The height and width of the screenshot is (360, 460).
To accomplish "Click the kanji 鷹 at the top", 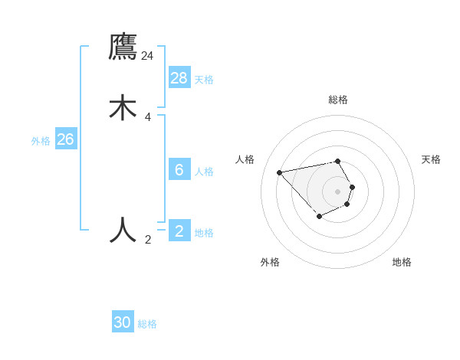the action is (123, 47).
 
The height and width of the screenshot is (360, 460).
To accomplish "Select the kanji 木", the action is (123, 108).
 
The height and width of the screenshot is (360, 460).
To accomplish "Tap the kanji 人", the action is (123, 229).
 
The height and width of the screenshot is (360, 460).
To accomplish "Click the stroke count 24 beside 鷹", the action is (147, 56).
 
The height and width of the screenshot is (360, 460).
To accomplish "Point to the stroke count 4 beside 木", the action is (148, 117).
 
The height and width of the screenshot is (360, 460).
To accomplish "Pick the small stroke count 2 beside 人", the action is (148, 240).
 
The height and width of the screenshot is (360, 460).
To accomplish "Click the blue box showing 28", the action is (179, 77).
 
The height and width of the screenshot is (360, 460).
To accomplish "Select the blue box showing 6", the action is (179, 170).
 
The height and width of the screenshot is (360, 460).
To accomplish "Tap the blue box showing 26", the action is (65, 139).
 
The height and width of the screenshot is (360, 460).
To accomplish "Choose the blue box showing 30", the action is (123, 322).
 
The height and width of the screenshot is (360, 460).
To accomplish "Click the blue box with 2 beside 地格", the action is (179, 231).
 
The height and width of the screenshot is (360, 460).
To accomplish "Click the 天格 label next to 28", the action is (204, 79).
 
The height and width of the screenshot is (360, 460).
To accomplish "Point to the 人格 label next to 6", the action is (204, 172).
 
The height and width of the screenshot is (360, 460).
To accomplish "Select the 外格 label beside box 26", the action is (41, 141).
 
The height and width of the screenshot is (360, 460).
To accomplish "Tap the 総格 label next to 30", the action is (147, 324).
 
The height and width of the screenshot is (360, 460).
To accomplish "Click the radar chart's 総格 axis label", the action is (338, 100).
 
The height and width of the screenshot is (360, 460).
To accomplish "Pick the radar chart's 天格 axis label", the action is (431, 159).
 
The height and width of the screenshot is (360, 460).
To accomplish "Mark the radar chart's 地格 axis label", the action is (402, 262).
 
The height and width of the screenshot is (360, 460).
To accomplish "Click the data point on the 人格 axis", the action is (280, 172).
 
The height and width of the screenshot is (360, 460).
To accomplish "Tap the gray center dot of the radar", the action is (337, 191).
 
